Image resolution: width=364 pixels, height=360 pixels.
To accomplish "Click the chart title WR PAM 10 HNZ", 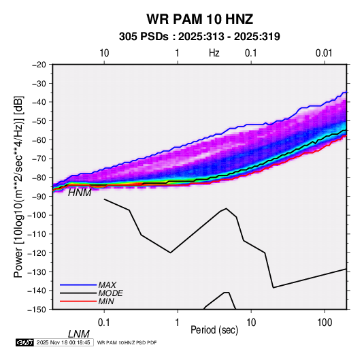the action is coord(199,19).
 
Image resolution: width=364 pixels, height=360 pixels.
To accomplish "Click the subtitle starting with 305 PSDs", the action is coord(199,37).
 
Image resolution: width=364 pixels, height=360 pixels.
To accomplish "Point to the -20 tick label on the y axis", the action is coord(39,65).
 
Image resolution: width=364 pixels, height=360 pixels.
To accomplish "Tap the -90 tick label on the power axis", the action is coord(39,197).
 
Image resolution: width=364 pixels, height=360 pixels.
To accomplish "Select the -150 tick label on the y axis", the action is coord(37,310).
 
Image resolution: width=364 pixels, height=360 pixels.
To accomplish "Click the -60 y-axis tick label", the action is coord(39,140).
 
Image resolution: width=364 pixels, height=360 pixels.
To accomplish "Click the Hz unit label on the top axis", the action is coord(214,53).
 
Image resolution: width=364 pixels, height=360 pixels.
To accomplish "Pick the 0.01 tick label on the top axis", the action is coord(324,53).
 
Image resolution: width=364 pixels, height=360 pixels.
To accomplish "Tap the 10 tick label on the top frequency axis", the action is coord(104,53).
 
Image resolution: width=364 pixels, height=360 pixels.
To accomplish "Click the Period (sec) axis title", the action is coord(214,330).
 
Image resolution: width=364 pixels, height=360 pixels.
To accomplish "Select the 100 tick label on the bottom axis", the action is coord(325,323).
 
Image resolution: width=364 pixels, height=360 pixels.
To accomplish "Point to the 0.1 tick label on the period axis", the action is coord(104,323).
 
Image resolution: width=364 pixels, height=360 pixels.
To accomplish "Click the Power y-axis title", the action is coord(18,186).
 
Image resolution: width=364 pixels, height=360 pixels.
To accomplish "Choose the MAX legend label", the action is coord(107,285).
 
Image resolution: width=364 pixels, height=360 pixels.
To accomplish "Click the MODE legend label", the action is coord(110,293).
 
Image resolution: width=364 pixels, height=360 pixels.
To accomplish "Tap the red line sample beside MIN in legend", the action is coord(78,301).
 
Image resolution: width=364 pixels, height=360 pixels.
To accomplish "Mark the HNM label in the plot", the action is coord(80,193).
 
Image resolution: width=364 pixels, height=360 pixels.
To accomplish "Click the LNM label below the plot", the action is coord(78,334).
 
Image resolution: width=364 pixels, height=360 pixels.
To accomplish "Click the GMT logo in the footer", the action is coord(24,342).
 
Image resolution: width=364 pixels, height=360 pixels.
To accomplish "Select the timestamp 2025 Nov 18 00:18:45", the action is coord(63,342).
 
